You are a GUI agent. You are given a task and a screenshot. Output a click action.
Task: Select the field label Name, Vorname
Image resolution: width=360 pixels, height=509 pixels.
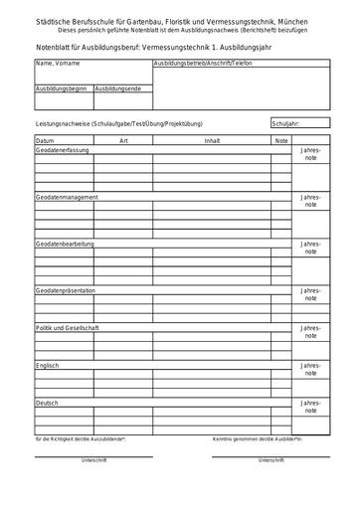click(57, 63)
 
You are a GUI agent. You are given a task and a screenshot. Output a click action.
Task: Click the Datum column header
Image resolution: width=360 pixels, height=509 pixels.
click(45, 141)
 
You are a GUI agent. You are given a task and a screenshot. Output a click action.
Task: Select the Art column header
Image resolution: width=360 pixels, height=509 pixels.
click(123, 141)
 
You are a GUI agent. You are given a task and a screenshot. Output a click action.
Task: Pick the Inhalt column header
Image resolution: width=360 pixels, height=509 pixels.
click(212, 141)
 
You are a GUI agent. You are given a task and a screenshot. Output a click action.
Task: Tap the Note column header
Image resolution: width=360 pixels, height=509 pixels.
click(281, 141)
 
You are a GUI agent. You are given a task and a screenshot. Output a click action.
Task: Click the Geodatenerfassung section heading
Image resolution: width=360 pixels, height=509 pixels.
click(62, 149)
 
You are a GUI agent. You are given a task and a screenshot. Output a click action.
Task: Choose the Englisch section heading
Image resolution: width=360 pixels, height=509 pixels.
click(47, 365)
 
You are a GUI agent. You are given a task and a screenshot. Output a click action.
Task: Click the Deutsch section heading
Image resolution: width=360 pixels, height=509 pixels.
click(47, 403)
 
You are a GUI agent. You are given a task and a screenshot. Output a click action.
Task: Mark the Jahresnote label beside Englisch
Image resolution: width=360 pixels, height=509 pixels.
click(311, 370)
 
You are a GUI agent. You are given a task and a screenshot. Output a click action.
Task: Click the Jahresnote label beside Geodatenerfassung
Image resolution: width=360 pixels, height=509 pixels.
click(311, 154)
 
